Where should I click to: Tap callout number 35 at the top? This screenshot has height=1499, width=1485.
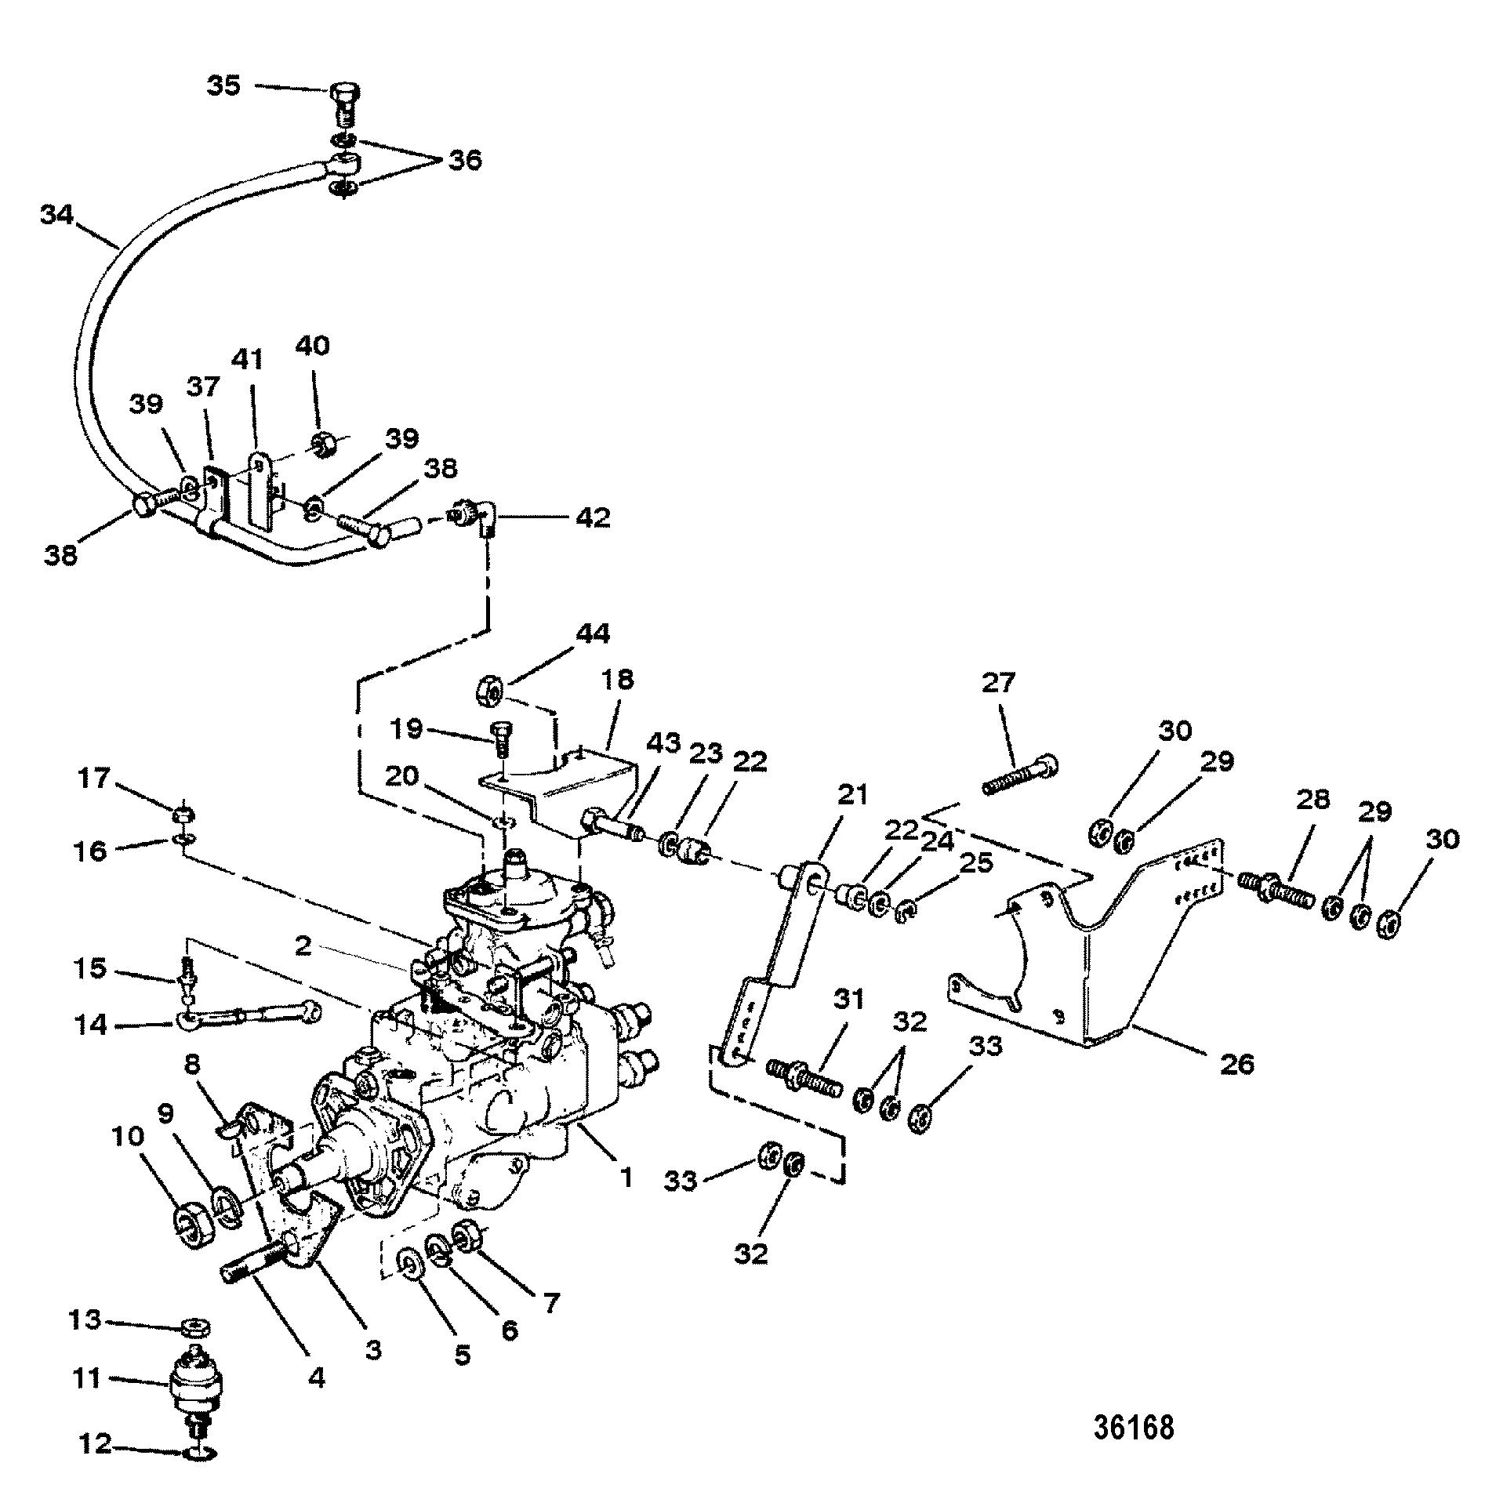223,85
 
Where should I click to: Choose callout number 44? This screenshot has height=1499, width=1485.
594,634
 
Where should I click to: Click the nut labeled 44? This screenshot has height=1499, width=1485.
490,693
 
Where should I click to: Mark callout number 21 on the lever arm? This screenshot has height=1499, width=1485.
852,796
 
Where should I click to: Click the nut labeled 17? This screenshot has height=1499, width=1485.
181,815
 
